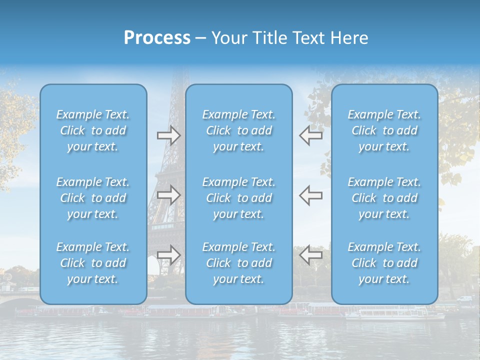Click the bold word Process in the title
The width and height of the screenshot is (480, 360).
[x=157, y=38]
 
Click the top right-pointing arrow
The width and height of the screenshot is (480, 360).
[x=168, y=135]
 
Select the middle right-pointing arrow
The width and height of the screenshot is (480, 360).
[x=168, y=195]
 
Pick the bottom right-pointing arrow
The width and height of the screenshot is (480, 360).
[x=168, y=254]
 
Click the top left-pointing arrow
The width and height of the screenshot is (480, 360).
[x=310, y=135]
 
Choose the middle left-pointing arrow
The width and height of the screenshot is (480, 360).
[x=310, y=195]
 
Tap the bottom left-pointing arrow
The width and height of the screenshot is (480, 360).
[x=310, y=254]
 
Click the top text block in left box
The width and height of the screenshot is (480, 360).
[x=93, y=130]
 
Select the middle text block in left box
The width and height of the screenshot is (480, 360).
[x=93, y=198]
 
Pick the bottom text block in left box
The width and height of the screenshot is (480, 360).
[x=93, y=263]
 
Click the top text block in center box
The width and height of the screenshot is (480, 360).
[x=239, y=130]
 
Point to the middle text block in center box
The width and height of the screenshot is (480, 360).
[x=239, y=198]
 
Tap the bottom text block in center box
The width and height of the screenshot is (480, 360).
[x=239, y=263]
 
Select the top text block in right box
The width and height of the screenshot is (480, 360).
[x=384, y=130]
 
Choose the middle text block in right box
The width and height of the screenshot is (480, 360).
[x=384, y=198]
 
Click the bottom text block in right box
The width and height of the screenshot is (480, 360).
[x=384, y=263]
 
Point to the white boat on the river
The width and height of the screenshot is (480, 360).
[x=395, y=314]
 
